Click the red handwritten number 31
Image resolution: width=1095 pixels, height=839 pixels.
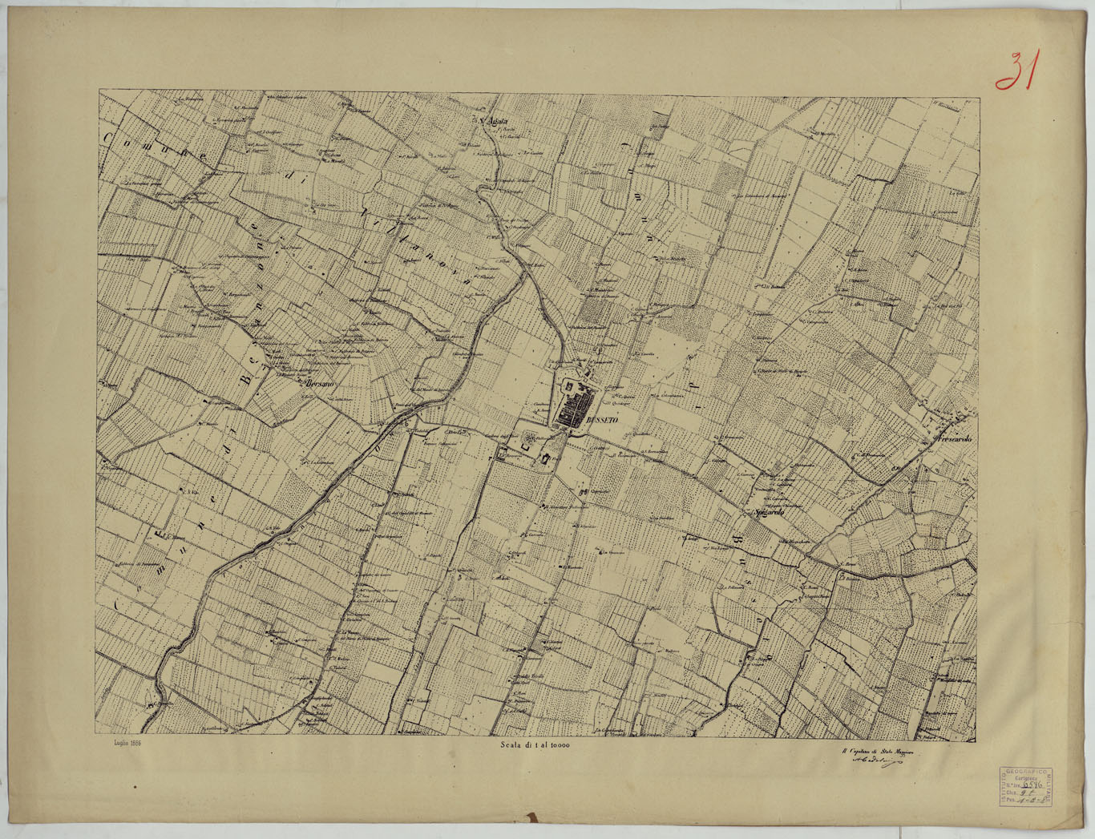pos(1016,71)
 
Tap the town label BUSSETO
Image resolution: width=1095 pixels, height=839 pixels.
pos(600,419)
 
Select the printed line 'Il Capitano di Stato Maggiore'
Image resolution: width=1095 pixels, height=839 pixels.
pos(877,752)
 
